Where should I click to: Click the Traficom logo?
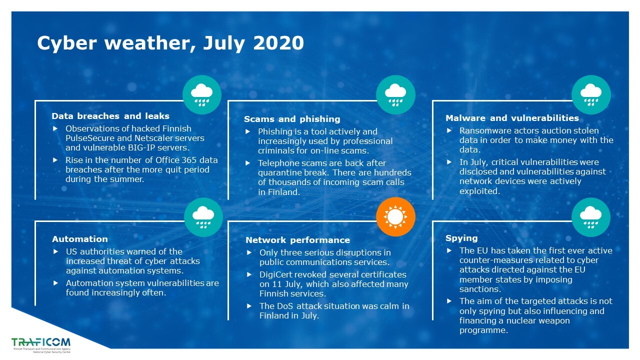pos(41,345)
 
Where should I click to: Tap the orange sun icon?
pos(395,217)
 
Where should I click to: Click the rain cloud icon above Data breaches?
pos(202,95)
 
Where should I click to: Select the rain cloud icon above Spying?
pos(591,217)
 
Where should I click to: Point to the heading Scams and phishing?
pos(292,119)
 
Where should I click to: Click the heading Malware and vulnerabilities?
pos(512,118)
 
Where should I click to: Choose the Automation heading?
pos(80,239)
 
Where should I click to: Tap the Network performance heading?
pos(297,240)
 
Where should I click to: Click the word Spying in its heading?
pos(461,238)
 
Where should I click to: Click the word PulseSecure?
pos(90,138)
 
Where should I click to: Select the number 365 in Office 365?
pos(189,160)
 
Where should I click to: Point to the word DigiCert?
pos(275,274)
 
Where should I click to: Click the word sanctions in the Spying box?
pos(480,289)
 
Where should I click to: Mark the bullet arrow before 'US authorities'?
pos(55,251)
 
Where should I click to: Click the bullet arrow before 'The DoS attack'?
pos(249,306)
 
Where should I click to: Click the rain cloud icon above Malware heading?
pos(591,95)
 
